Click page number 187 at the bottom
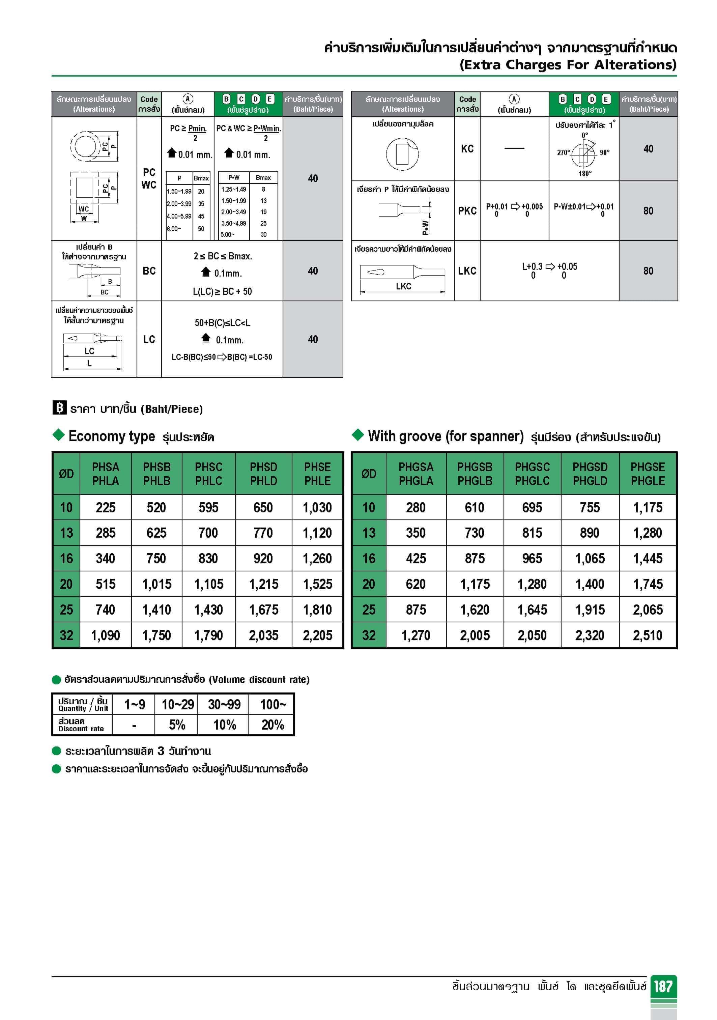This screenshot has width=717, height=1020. pos(663,987)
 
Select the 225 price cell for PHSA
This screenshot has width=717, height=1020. pos(105,508)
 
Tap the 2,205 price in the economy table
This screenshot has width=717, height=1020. pos(317,635)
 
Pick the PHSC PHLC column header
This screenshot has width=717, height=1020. pos(208,474)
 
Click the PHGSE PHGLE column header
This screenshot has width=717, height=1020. pos(648,474)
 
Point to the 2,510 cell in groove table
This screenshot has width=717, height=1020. pos(648,635)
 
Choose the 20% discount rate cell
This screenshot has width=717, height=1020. pos(272,725)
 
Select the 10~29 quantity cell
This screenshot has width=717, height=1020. pos(178,705)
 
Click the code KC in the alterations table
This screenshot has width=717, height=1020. pos(467,149)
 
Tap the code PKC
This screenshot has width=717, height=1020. pos(467,211)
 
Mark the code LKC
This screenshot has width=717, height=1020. pos(467,271)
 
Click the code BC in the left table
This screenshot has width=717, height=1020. pos(149,271)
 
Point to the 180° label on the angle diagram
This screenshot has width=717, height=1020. pos(584,174)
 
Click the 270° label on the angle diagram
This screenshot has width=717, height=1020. pos(563,153)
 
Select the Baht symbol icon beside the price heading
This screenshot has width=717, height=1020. pos(59,408)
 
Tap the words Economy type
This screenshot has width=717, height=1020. pos(112,436)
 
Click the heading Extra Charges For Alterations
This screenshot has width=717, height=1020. pos(568,65)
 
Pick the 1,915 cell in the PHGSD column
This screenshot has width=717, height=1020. pos(590,610)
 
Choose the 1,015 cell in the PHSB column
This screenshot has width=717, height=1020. pos(156,584)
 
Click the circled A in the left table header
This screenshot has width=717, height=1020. pos(188,99)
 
